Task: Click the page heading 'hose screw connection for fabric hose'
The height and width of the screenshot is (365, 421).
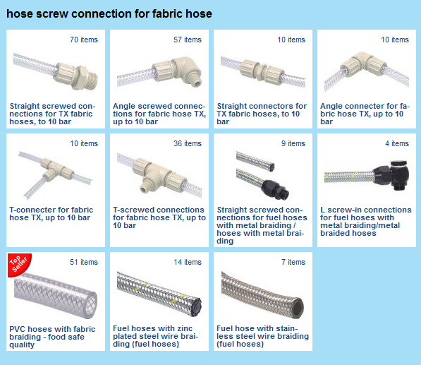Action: click(109, 13)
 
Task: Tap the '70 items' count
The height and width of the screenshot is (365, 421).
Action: click(84, 40)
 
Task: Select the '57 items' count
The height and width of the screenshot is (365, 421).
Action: click(188, 40)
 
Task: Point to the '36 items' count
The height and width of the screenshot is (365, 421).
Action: click(188, 143)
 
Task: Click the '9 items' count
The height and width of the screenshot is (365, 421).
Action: click(293, 143)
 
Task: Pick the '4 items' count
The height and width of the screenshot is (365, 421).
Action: click(397, 143)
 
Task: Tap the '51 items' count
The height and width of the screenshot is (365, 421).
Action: click(84, 262)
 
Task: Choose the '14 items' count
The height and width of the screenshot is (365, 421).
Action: click(188, 262)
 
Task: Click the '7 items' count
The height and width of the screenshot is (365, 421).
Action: click(293, 262)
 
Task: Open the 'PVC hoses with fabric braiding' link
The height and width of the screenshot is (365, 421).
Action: click(52, 337)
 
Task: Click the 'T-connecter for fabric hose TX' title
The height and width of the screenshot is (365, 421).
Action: click(51, 214)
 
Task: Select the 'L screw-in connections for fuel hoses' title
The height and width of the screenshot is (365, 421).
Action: click(366, 221)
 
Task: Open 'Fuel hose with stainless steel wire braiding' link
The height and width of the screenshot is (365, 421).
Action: click(262, 336)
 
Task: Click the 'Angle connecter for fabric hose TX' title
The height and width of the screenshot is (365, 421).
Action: click(365, 114)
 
